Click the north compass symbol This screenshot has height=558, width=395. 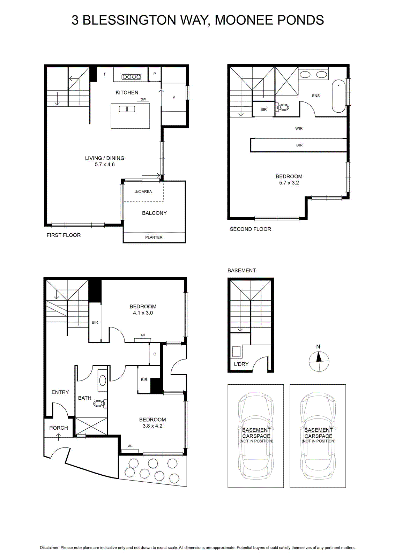pos(319,361)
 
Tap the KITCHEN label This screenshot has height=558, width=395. pos(127,92)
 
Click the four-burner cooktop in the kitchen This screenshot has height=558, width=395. pos(131,77)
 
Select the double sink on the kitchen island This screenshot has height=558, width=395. pos(127,109)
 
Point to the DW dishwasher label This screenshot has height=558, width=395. pos(143,99)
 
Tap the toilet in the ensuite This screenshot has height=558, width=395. pos(282,107)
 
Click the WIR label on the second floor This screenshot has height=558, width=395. pos(299,129)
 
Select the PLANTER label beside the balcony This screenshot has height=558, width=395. pos(154,237)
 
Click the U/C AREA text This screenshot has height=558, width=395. pos(143,191)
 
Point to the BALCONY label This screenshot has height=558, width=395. pos(154,213)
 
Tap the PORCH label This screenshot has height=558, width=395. pos(59,428)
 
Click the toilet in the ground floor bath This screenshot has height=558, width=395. pos(100,403)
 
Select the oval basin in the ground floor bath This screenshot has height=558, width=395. pos(103,380)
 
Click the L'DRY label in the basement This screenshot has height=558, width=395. pos(241,364)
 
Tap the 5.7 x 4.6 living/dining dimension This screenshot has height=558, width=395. pos(105,164)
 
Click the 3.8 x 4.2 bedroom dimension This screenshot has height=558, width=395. pos(152,426)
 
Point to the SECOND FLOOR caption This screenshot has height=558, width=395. pos(251,229)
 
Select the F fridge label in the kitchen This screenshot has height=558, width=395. pos(105,74)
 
